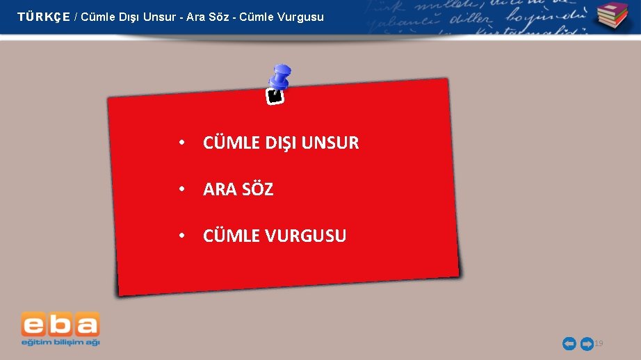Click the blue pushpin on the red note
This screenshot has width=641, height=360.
281,78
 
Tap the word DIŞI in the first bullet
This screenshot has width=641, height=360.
281,143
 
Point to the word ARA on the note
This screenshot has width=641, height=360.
219,189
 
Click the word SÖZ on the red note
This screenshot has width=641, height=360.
257,189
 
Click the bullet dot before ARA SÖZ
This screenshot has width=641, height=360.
181,188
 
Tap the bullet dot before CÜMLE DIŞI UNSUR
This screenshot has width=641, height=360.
181,142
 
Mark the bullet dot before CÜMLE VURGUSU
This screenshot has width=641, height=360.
181,236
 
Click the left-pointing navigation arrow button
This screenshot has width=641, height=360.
569,343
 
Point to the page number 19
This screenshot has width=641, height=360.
599,343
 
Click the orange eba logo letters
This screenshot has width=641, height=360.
60,325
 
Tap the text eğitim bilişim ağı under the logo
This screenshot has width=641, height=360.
60,342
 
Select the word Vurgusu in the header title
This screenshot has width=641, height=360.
302,17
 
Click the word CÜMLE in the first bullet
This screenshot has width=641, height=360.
229,143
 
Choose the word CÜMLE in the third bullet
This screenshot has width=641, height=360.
229,236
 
